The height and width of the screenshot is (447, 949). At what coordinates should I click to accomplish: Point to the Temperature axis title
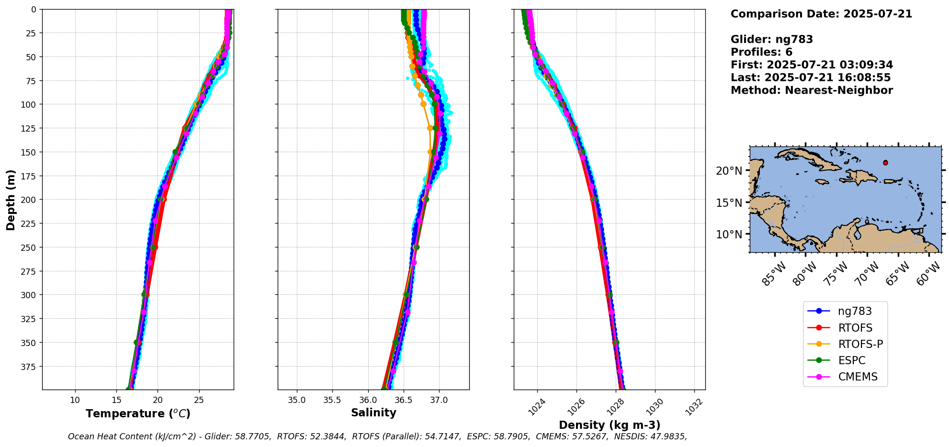(x=138, y=413)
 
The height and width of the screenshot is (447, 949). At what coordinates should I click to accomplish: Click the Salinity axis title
(x=373, y=413)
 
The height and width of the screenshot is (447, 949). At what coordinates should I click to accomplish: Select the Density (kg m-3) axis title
(x=610, y=425)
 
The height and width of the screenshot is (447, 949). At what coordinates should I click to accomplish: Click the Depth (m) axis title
(x=11, y=200)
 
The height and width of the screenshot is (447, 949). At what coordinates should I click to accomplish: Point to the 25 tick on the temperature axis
(x=199, y=400)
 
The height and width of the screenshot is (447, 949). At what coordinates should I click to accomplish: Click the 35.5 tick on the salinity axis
(x=332, y=400)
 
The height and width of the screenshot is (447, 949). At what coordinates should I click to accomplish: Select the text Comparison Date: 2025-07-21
(x=821, y=14)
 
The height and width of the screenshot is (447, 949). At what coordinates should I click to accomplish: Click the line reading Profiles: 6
(x=761, y=52)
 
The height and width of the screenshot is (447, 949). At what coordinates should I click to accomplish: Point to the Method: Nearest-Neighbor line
(x=812, y=90)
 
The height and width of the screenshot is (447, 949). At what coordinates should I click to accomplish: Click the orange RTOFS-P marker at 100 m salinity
(x=423, y=104)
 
